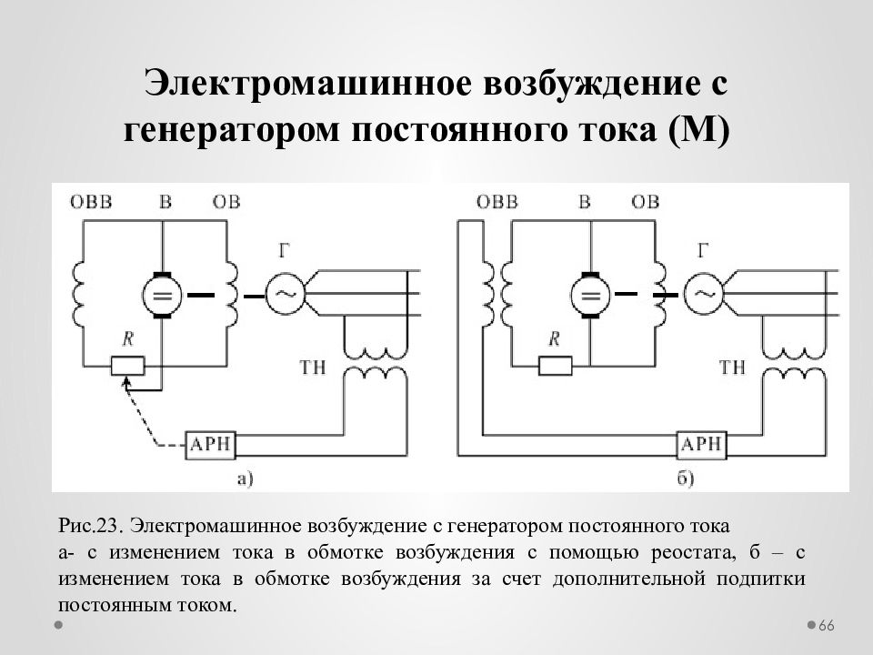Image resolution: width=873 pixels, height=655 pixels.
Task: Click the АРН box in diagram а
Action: (x=210, y=445)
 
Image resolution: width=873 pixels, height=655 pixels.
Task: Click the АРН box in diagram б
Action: (x=701, y=445)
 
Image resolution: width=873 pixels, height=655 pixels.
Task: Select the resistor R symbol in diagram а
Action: (x=127, y=366)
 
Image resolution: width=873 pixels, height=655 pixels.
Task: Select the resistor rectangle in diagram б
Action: (x=555, y=366)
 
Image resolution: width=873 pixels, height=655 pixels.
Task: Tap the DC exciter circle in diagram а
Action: (x=162, y=295)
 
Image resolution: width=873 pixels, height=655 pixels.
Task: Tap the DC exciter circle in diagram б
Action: (x=591, y=295)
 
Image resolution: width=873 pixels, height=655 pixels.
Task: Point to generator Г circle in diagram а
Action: (x=285, y=294)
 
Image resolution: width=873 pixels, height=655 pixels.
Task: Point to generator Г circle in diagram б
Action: (x=704, y=294)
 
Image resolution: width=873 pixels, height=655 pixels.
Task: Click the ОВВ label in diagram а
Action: (x=91, y=202)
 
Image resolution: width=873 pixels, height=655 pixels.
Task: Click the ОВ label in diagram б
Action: (x=646, y=202)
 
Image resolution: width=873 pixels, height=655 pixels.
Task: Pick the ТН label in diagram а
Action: (x=312, y=368)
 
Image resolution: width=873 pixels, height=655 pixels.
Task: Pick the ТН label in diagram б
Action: (x=732, y=368)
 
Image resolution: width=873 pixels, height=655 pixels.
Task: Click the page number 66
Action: (x=827, y=626)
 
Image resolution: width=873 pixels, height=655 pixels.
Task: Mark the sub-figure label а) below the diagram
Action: (x=245, y=479)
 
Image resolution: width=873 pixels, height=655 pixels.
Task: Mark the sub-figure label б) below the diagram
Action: (x=686, y=479)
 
